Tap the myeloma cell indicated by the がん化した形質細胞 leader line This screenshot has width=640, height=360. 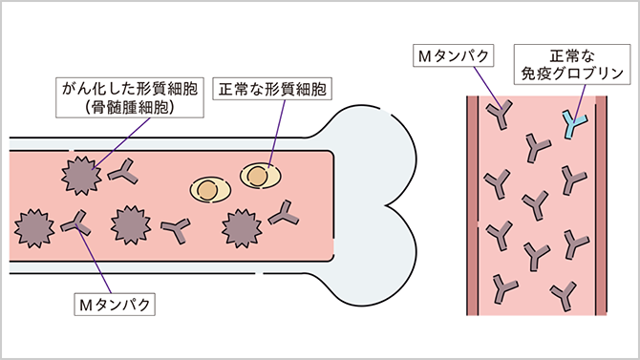click(78, 175)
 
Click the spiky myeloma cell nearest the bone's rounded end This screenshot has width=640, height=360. click(241, 226)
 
